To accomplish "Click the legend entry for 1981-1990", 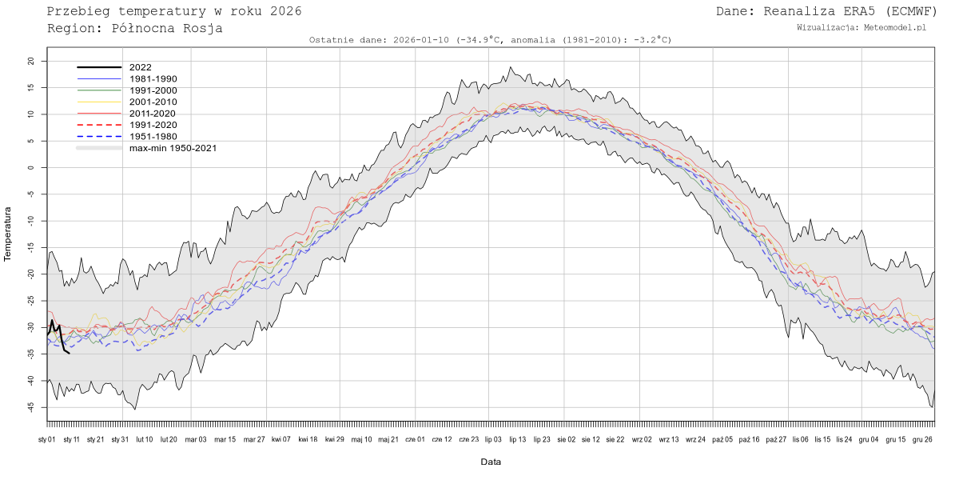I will pos(153,79).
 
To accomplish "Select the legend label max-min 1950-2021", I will pos(173,148).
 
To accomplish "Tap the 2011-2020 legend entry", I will pos(153,114).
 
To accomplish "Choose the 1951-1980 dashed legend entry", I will pos(153,136).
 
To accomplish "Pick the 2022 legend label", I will pos(140,68).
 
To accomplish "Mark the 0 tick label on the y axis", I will pos(32,167).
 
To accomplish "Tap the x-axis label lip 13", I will pos(517,439).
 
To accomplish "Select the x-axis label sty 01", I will pos(47,439).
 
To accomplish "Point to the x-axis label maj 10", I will pos(362,439).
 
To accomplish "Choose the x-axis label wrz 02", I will pos(642,439).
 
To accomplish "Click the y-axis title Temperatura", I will pos(9,234).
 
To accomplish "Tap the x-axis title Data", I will pos(491,462).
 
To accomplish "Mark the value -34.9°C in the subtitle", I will pos(479,40).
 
